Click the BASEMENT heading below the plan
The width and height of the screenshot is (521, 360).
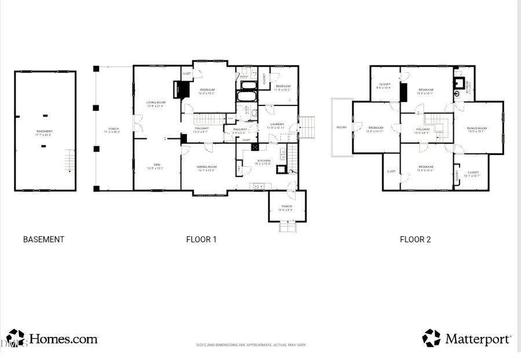[43, 239]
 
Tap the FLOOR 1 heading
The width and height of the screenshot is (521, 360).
[201, 239]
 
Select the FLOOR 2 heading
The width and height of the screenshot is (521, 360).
[415, 239]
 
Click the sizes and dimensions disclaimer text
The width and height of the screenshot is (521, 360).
[251, 345]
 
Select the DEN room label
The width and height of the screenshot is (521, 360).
[156, 166]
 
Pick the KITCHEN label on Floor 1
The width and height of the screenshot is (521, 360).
[263, 161]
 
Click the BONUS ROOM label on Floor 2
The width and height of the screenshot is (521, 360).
[478, 129]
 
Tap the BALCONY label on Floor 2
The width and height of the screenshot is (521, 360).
[341, 127]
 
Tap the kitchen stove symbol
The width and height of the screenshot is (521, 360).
[255, 147]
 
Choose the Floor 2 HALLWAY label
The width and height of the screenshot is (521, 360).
[423, 130]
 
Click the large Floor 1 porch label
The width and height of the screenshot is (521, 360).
[114, 130]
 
